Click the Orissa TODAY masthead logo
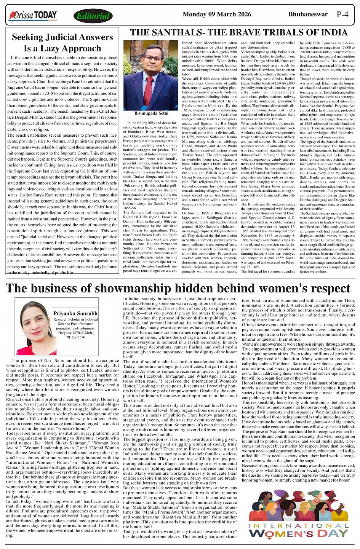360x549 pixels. pos(33,16)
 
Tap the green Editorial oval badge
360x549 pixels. pos(93,16)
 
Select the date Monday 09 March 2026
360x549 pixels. pos(217,14)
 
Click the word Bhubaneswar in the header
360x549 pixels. pos(308,14)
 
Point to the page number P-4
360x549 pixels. pos(342,14)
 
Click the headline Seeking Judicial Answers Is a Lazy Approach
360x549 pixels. pos(62,43)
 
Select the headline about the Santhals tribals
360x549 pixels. pos(239,32)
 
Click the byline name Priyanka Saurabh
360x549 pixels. pos(75,313)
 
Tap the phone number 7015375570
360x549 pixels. pos(75,337)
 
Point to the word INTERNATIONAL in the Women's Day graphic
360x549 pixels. pos(298,525)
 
